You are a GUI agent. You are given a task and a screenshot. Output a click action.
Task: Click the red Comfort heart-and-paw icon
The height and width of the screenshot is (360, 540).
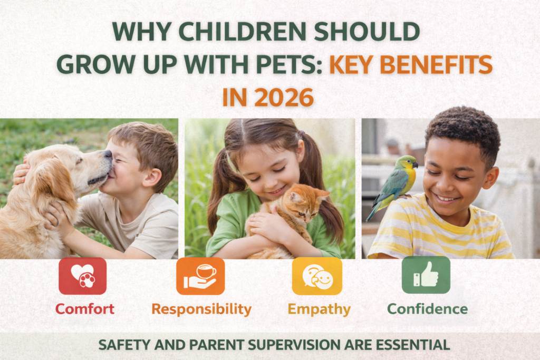[x=82, y=276]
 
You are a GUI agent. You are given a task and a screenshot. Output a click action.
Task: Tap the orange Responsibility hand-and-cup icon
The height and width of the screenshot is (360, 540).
[x=200, y=276]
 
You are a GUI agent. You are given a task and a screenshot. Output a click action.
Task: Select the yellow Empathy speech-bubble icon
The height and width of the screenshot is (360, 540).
[x=317, y=276]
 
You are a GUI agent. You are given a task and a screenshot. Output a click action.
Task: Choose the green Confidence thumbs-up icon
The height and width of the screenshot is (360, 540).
[x=426, y=275]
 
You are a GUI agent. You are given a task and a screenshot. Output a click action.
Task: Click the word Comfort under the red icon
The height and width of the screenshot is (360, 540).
[x=85, y=309]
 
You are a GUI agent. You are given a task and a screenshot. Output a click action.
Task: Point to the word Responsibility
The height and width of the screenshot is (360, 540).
[x=201, y=309]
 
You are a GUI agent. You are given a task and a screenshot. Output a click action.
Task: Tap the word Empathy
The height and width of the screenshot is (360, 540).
[x=319, y=309]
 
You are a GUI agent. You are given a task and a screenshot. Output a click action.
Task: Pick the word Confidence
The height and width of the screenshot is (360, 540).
[x=427, y=309]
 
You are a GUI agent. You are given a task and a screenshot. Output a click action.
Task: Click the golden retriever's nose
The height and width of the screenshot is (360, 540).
[x=108, y=154]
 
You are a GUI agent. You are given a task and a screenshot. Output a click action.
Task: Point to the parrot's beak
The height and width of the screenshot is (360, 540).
[x=415, y=165]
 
